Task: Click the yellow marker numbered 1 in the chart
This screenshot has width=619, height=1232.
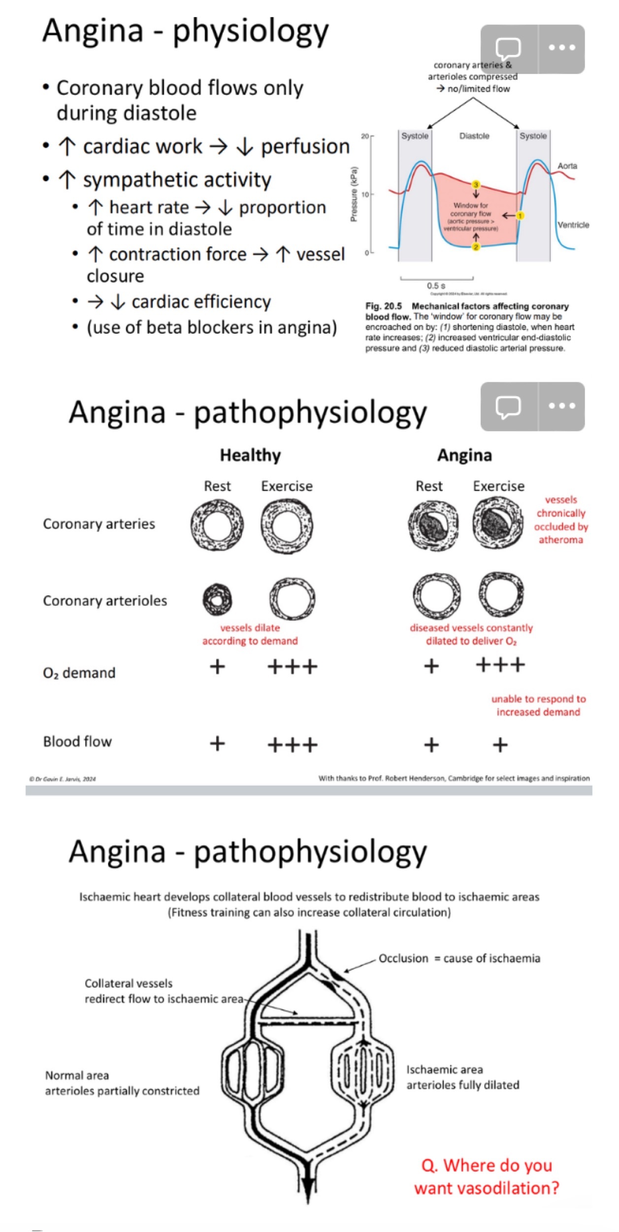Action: pos(521,216)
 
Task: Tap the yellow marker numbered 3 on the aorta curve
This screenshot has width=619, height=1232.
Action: pos(476,185)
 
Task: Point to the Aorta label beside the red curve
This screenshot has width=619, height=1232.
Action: pos(567,166)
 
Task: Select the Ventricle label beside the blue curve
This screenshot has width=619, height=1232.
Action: pos(573,225)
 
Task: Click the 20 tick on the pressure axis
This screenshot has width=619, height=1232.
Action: pos(364,136)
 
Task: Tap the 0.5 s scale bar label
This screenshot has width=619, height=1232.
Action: pos(436,286)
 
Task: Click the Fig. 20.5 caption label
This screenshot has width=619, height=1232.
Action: pos(384,306)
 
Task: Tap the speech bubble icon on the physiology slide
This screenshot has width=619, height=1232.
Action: pos(508,49)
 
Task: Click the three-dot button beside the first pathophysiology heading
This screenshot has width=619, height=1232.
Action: pos(562,406)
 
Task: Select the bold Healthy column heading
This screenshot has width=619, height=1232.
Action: pos(250,455)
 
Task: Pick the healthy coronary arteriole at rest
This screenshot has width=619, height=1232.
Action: pos(217,599)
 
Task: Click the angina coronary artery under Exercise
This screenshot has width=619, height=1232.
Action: pos(498,522)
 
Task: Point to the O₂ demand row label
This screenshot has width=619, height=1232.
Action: pos(79,673)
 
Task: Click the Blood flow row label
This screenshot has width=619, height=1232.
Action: pos(77,742)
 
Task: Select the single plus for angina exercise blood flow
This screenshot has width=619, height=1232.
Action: pos(500,745)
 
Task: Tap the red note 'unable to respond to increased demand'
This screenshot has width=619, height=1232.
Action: pos(538,706)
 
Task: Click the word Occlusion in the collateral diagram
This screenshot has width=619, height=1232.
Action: pos(403,958)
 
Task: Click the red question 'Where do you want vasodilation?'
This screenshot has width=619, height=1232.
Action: pos(487,1177)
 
